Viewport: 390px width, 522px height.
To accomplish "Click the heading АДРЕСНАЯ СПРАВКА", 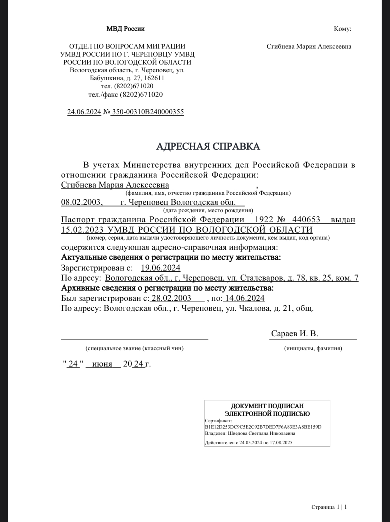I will [x=208, y=146].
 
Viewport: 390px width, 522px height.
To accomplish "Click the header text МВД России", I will [x=125, y=29].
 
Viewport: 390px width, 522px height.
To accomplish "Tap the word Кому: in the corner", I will [x=342, y=29].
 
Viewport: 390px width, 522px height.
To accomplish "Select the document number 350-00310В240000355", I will [x=148, y=112].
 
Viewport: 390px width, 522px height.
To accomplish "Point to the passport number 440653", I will [x=306, y=220].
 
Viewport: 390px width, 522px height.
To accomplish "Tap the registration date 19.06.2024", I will [x=160, y=268].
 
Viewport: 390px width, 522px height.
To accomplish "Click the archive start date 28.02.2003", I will [x=171, y=298].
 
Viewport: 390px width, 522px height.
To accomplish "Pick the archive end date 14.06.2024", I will [x=245, y=298].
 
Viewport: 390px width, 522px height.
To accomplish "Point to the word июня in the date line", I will [x=102, y=364].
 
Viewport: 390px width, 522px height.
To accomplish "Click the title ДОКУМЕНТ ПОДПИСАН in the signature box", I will [x=267, y=406].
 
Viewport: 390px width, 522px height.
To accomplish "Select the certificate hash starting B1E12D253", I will [x=263, y=427].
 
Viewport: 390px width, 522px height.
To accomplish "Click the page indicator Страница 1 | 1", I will [x=329, y=507].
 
